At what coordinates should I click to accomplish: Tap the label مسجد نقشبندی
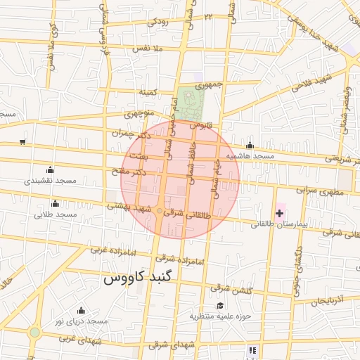50,181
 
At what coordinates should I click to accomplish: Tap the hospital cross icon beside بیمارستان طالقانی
279,212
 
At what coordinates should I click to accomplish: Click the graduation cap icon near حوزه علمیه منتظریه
220,306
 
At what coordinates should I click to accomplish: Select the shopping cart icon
22,142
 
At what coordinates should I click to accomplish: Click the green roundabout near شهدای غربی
34,332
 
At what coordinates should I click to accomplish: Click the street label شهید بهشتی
129,208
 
